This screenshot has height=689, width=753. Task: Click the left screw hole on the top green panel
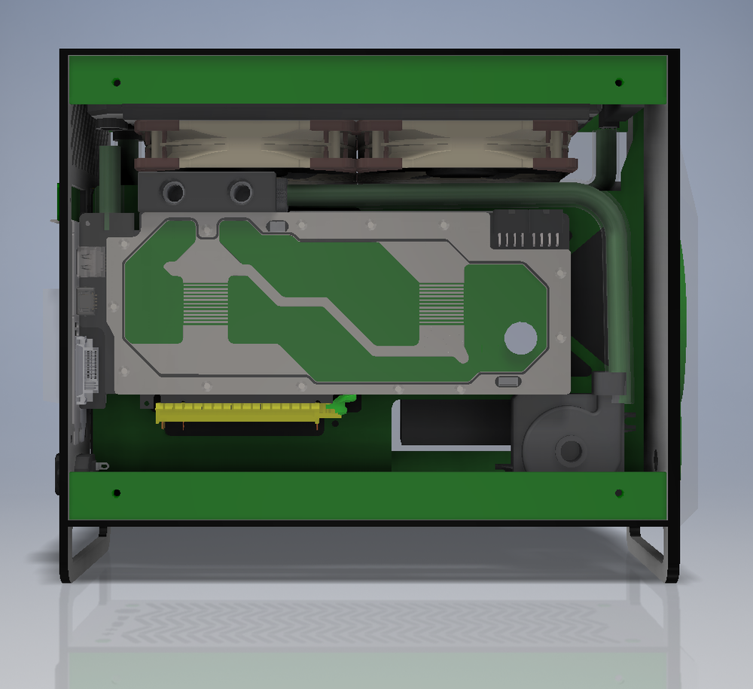(x=116, y=81)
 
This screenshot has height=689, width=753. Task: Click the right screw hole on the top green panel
(x=618, y=81)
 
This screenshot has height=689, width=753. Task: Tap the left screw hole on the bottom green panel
(x=116, y=493)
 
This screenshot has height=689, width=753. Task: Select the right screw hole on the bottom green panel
(x=618, y=493)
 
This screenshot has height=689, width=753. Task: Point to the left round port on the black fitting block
(x=174, y=192)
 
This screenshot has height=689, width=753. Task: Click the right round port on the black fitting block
(x=241, y=192)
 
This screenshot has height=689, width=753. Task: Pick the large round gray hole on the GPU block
(x=520, y=337)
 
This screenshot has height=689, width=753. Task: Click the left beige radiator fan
(x=241, y=143)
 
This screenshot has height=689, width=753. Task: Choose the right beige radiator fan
(x=467, y=143)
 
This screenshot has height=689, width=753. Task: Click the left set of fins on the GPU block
(x=205, y=303)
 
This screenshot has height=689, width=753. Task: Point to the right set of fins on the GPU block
(x=441, y=303)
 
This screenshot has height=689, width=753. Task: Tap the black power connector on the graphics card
(x=529, y=230)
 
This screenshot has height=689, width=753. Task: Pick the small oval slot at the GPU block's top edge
(x=277, y=225)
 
